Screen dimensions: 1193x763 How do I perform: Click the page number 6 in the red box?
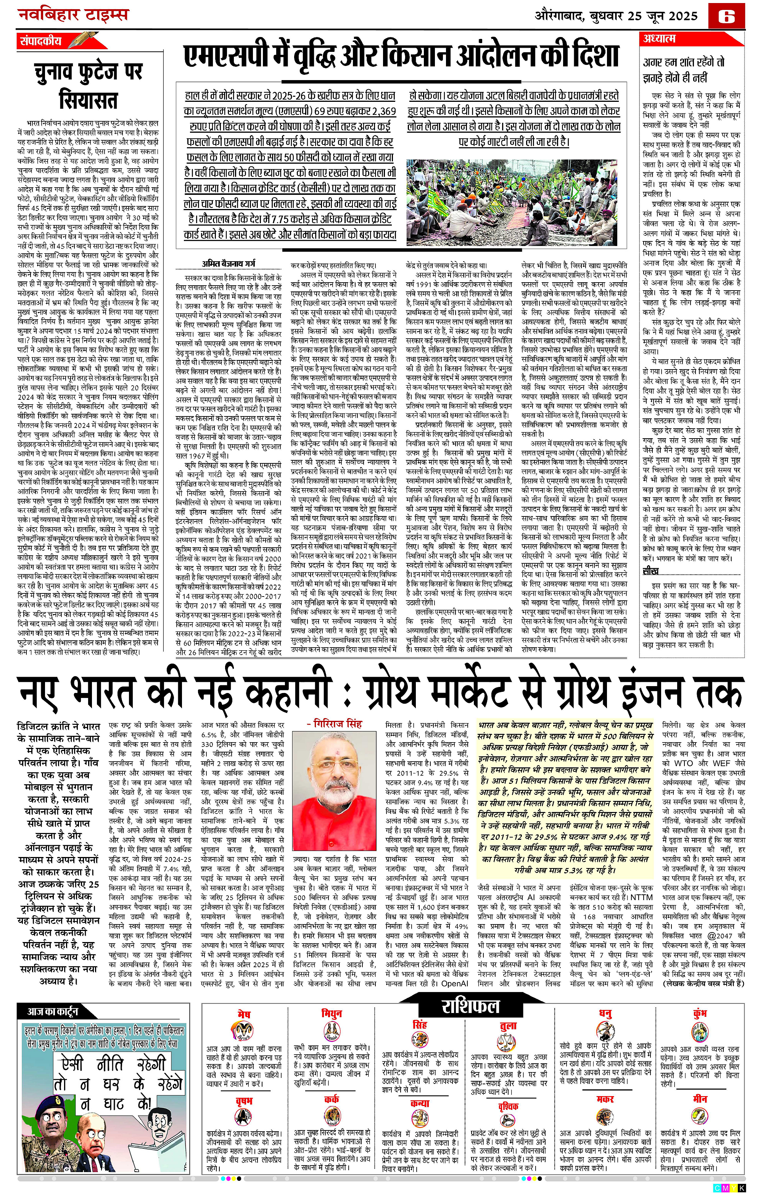(x=726, y=16)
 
